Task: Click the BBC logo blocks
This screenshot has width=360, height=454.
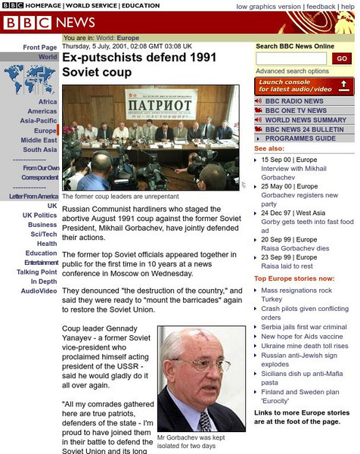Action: click(27, 23)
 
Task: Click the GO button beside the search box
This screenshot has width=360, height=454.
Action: click(342, 58)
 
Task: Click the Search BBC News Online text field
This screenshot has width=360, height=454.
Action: click(291, 58)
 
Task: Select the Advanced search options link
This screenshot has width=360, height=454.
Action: click(292, 71)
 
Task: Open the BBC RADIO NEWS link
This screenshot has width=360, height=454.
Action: click(294, 101)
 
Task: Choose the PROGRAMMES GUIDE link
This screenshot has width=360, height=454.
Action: click(300, 138)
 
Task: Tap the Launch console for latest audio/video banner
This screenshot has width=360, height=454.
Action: click(303, 86)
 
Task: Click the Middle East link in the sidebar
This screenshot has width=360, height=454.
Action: click(39, 140)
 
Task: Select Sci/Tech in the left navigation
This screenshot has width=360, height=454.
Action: click(42, 234)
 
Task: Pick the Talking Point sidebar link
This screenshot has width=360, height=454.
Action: click(37, 272)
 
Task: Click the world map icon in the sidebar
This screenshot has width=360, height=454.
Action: click(24, 79)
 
